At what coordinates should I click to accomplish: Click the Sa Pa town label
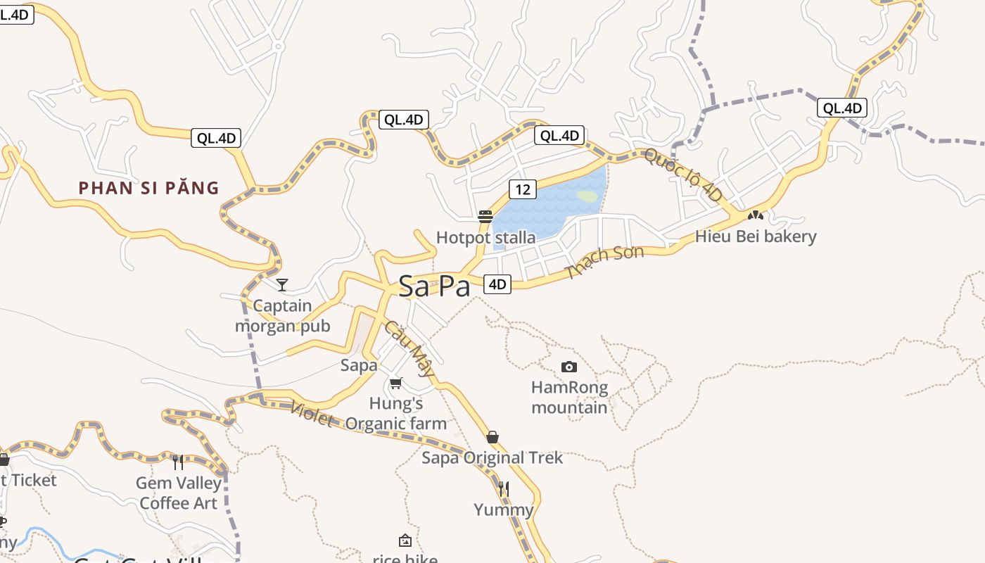point(434,286)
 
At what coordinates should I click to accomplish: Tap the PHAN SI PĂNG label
point(149,188)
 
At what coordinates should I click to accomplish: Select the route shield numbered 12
point(522,189)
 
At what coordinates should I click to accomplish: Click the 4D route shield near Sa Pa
point(497,284)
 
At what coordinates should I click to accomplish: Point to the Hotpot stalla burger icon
point(485,216)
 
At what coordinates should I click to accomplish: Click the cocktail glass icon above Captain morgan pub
point(282,284)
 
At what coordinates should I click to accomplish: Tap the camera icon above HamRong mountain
point(569,367)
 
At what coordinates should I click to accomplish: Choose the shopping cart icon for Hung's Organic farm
point(395,384)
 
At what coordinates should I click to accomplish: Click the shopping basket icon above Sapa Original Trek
point(493,437)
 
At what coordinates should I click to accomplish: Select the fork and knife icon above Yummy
point(503,488)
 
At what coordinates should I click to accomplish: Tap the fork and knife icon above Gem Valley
point(178,462)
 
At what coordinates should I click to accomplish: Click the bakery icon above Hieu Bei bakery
point(756,215)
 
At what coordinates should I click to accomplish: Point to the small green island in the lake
point(587,196)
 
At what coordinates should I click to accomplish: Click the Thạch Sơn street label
point(604,262)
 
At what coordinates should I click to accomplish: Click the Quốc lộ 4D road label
point(683,175)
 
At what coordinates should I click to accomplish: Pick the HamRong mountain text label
point(569,398)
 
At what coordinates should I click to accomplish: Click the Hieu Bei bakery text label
point(756,236)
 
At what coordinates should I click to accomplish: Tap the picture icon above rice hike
point(405,540)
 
